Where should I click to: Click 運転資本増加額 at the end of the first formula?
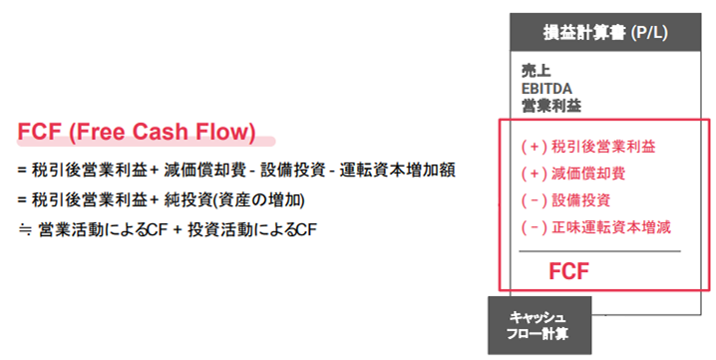tap(397, 171)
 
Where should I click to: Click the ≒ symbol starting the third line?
tap(24, 230)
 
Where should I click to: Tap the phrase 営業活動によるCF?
tap(103, 229)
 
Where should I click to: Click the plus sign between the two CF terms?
tap(179, 230)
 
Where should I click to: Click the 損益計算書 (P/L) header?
tap(605, 33)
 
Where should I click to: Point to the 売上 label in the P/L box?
tap(537, 71)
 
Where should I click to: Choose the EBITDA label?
tap(546, 89)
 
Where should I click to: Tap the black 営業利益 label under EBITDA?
tap(551, 106)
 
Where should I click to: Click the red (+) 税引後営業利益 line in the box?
tap(588, 147)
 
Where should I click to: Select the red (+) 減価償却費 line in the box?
tap(573, 174)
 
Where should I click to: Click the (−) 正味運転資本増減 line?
tap(596, 227)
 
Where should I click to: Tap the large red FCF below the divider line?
tap(568, 271)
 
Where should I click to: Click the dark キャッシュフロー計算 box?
tap(539, 325)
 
